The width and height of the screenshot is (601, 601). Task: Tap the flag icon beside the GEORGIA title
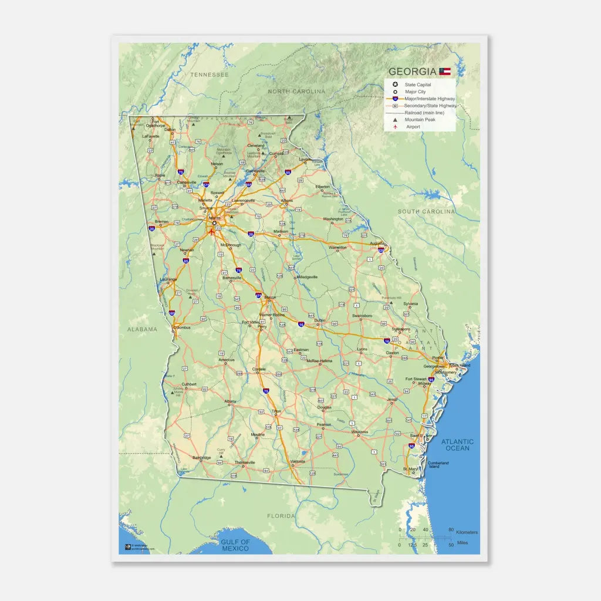445,72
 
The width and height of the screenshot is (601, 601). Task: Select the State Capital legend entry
417,85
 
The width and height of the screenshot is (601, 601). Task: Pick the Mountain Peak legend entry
420,120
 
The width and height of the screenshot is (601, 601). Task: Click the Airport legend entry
413,127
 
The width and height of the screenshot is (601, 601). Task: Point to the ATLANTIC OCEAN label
457,445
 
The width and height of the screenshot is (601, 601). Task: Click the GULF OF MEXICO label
235,545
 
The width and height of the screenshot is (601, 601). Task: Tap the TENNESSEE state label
210,75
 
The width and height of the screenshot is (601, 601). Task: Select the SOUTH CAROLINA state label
426,211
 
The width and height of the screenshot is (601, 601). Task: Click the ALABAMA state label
142,329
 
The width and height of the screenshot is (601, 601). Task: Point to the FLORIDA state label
281,516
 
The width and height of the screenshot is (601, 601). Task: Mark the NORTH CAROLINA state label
296,92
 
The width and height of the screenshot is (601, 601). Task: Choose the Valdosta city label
297,461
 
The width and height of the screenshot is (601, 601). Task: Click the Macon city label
270,298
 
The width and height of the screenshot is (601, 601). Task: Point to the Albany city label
231,401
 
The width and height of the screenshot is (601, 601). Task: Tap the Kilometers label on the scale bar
467,532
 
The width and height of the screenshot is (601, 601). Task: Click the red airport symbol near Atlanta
211,231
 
